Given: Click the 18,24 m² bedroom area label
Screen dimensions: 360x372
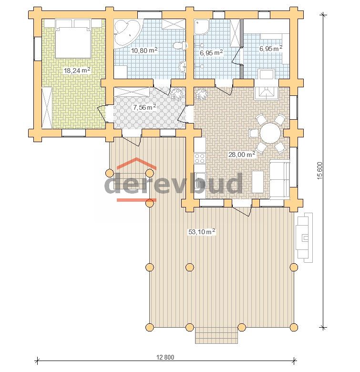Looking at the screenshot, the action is pos(77,70).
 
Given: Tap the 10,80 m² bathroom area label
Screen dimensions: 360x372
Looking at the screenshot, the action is pos(144,50).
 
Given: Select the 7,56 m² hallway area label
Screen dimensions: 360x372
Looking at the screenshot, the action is pos(144,107).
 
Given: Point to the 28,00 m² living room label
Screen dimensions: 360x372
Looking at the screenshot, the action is pos(242,155).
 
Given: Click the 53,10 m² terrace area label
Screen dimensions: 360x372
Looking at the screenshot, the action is pos(202,231).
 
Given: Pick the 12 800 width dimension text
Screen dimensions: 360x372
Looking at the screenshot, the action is pos(165,357).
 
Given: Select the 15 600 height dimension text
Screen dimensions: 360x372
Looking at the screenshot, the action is pos(319,171).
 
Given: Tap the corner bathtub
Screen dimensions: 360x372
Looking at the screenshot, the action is pos(127,33).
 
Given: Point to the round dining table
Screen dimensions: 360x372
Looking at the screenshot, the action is pos(270,133).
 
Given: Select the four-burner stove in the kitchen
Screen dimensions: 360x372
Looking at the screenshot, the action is pos(200,158).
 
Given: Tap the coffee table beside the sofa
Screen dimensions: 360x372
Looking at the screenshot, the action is pos(258,182).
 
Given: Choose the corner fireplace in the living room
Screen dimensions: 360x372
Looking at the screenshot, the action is pos(266,93).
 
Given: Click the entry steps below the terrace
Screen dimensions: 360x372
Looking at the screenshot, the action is pos(216,335).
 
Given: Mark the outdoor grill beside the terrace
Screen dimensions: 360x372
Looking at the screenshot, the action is pos(304,238).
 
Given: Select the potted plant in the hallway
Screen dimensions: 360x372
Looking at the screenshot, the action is pos(178,93).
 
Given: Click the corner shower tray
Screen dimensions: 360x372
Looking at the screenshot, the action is pos(202,27).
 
